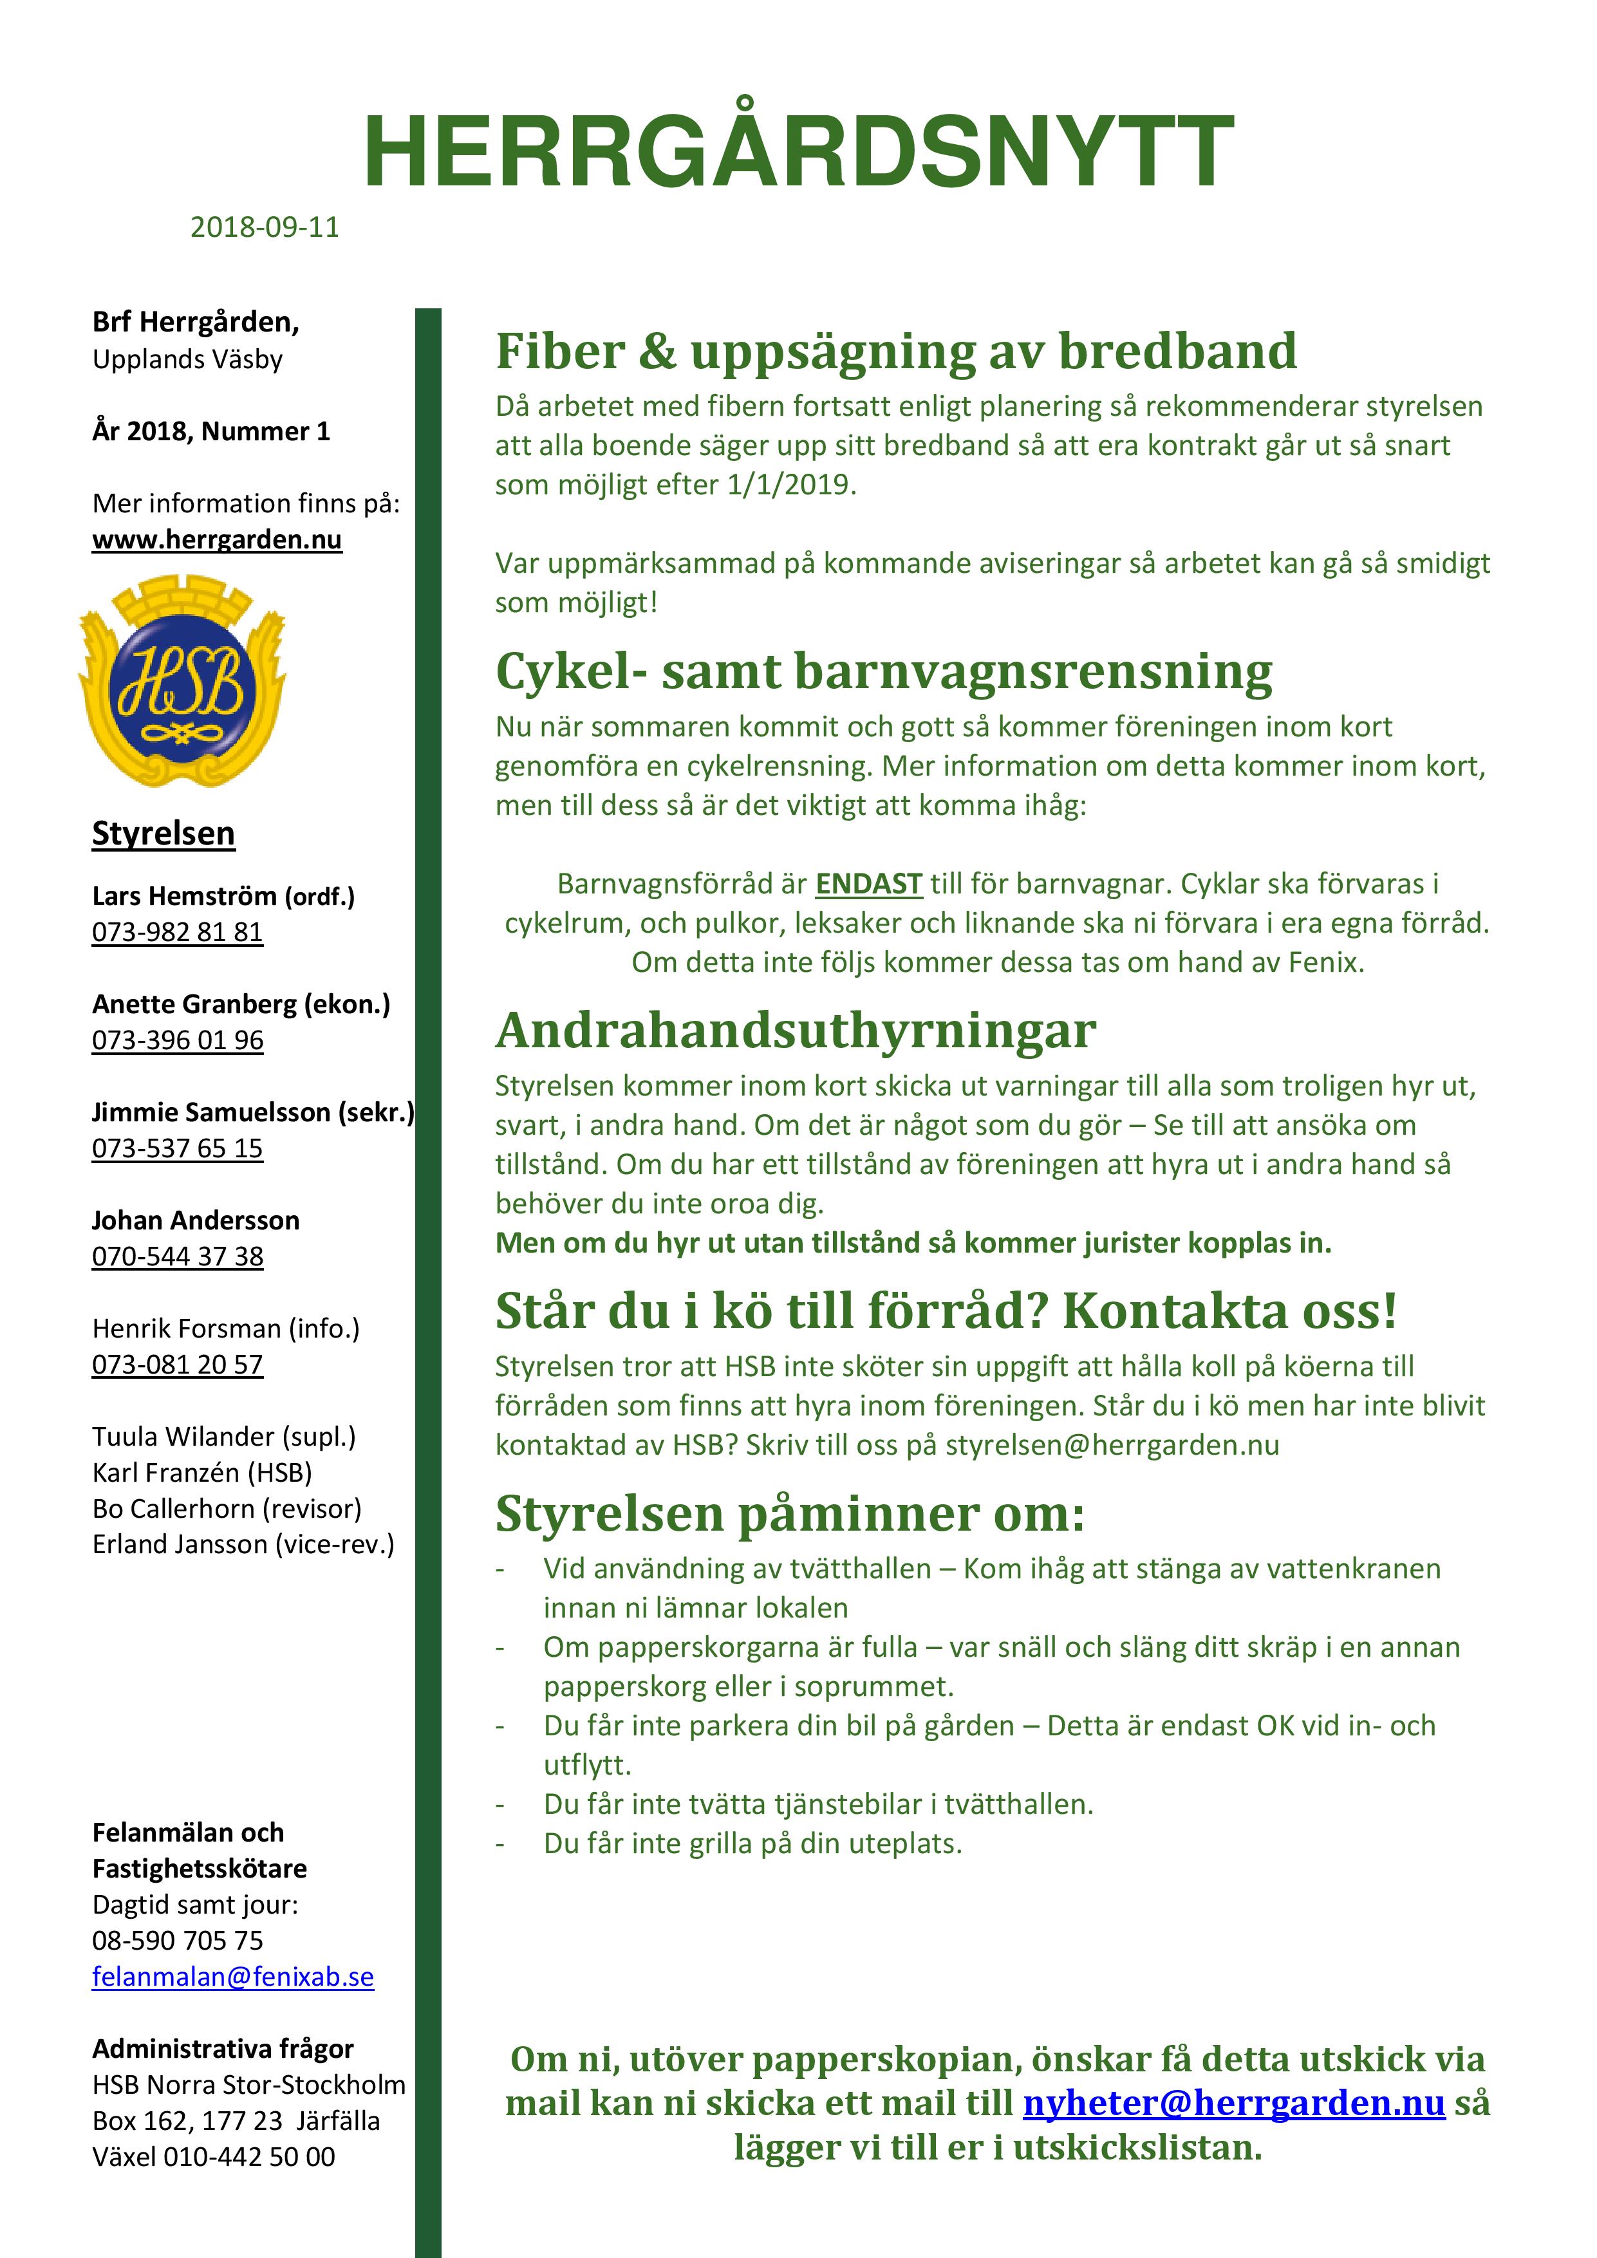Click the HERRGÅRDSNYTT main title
798,153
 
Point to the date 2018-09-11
265,227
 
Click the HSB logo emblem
182,680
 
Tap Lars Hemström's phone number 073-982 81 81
178,931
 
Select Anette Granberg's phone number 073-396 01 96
178,1040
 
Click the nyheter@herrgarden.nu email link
1233,2103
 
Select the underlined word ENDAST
868,884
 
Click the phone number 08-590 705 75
178,1940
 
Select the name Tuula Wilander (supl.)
224,1437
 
